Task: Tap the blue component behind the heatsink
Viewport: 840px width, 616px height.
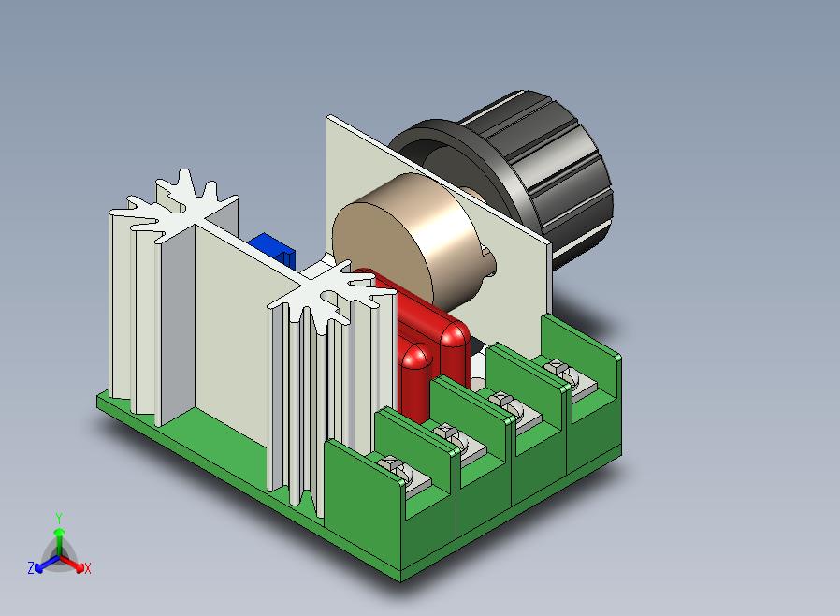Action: click(x=273, y=249)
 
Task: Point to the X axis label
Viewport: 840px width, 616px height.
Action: click(x=87, y=568)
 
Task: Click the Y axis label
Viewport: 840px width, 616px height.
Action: click(x=59, y=519)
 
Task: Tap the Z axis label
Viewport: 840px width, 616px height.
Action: click(x=31, y=567)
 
